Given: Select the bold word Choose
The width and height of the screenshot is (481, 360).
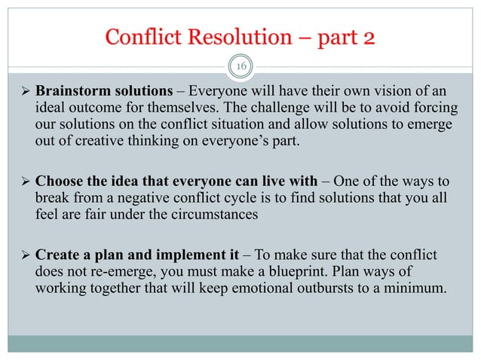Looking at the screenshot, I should pyautogui.click(x=59, y=181).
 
